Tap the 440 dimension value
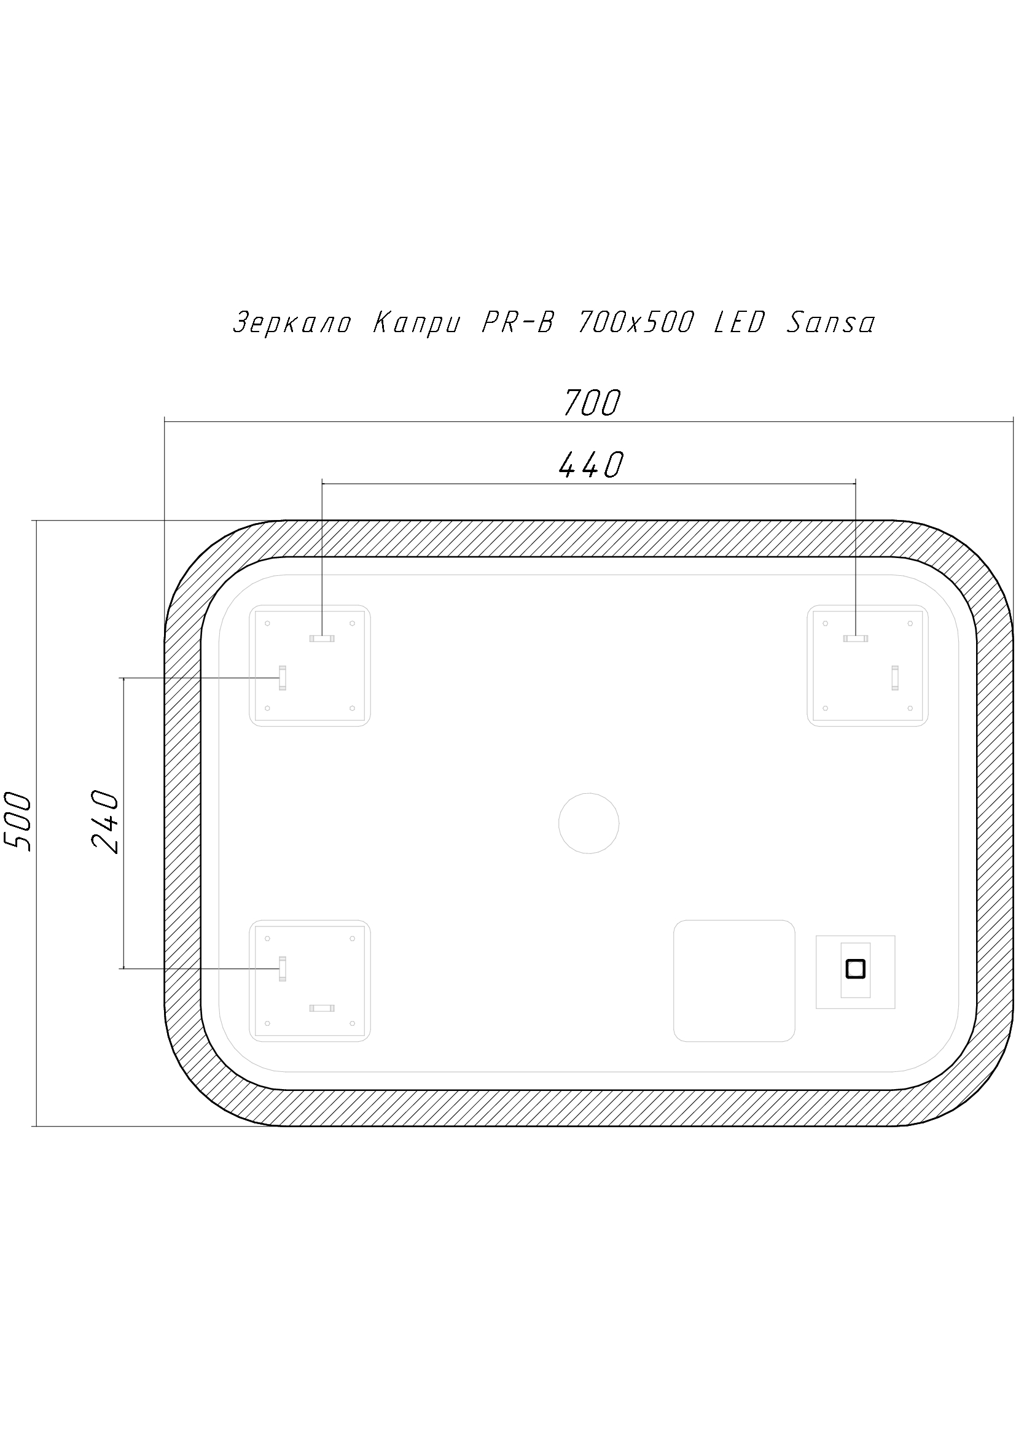click(x=591, y=465)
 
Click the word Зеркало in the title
click(x=292, y=324)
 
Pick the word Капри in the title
click(x=416, y=324)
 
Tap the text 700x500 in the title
click(x=636, y=323)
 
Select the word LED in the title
click(x=740, y=323)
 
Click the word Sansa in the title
click(x=830, y=324)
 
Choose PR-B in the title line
click(x=518, y=323)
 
